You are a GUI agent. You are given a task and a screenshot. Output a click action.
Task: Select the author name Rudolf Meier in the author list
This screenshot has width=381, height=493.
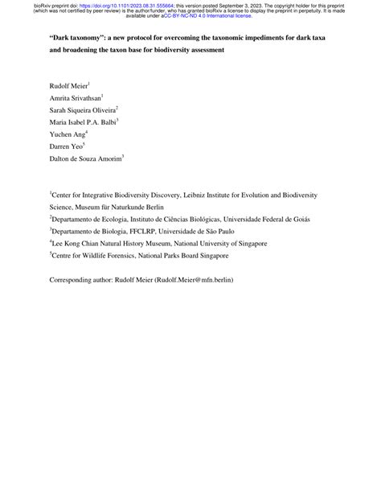coord(68,84)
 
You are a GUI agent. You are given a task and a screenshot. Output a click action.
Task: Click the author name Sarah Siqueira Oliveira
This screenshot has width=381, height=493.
coord(82,109)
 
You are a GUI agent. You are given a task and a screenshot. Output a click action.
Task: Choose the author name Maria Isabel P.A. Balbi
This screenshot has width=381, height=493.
coord(82,122)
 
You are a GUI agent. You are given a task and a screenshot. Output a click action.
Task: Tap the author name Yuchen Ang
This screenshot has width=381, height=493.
coord(67,135)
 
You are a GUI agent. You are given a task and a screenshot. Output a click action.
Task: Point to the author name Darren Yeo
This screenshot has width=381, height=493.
coord(67,148)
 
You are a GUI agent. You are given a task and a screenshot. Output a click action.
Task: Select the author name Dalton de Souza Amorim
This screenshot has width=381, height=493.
coord(85,161)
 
